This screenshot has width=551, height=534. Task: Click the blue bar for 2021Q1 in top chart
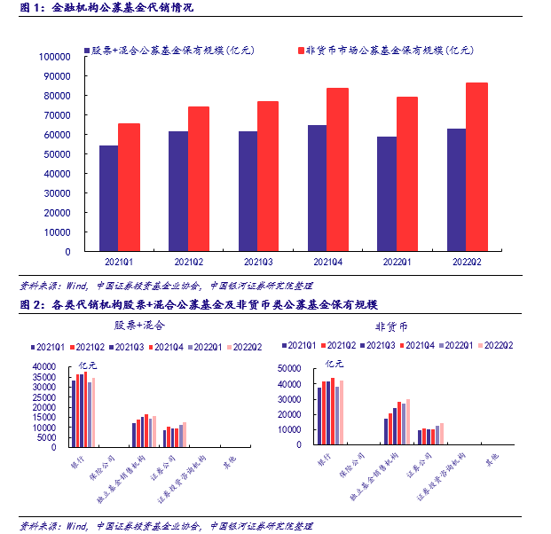pos(108,198)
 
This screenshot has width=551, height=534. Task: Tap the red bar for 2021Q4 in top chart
pos(337,169)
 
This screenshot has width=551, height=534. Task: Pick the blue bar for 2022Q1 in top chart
pos(387,193)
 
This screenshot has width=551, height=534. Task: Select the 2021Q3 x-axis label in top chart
pos(257,262)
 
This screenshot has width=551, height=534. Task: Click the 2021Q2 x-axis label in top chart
pos(188,262)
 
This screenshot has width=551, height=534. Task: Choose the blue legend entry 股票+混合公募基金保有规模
pos(169,51)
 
